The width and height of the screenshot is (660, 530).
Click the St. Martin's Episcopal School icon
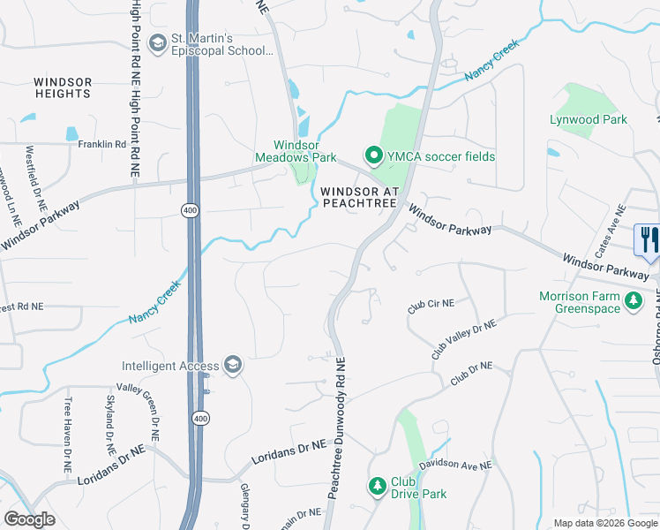(158, 43)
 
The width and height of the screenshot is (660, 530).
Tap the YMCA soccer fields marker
(373, 156)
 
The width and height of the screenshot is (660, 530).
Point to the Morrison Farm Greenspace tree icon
(633, 302)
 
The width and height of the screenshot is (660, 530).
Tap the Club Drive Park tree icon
(377, 486)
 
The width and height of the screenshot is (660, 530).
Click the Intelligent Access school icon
(233, 365)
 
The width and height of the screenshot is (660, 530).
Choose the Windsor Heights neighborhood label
(63, 87)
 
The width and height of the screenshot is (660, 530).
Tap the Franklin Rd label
(102, 144)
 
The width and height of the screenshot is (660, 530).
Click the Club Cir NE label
(431, 306)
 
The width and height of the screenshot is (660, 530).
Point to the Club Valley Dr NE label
(464, 338)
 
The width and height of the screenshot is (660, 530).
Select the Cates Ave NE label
(610, 231)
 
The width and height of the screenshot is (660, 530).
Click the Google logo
(29, 519)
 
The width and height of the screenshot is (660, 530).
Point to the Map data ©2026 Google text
(605, 523)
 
